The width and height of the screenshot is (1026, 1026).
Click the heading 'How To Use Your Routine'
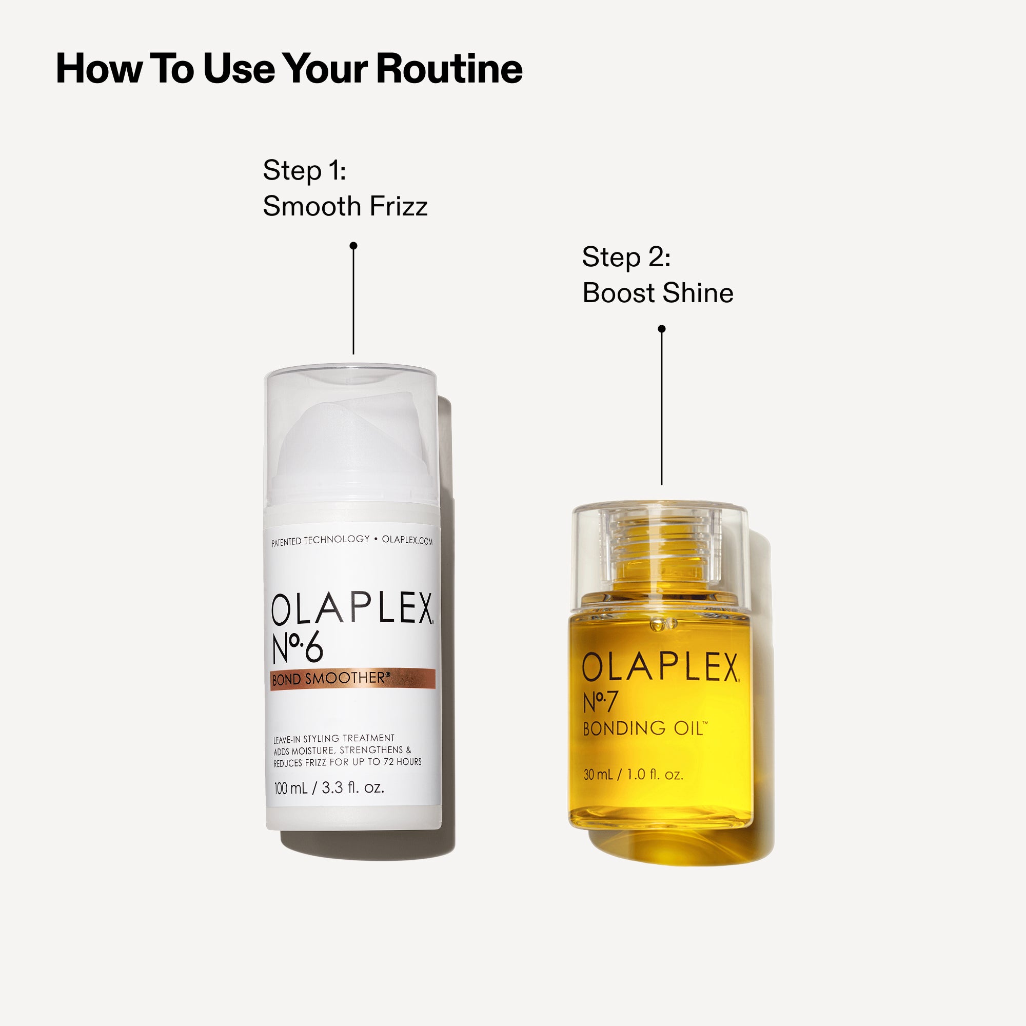coord(289,69)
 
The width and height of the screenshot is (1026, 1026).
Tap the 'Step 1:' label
coord(304,170)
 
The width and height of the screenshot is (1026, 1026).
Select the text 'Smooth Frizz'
coord(345,206)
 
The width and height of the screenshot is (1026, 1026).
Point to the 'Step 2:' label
coord(626,257)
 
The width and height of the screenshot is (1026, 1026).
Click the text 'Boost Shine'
coord(658,293)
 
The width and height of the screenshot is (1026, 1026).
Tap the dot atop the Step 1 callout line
coord(353,246)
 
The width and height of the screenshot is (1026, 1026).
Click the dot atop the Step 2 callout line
coord(662,329)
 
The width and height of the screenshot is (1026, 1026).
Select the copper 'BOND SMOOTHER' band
coord(352,679)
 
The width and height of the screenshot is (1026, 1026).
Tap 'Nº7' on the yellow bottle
coord(600,702)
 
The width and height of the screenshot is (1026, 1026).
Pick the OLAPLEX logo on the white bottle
coord(352,609)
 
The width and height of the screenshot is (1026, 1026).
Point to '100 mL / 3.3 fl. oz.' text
coord(329,787)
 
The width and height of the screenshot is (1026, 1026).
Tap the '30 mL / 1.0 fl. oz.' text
coord(633,775)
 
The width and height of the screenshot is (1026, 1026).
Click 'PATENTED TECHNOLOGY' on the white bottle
coord(320,541)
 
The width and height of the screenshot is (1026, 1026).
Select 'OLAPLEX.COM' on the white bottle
coord(407,541)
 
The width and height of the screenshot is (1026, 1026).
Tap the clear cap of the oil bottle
coord(660,553)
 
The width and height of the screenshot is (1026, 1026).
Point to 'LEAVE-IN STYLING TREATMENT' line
coord(334,739)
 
